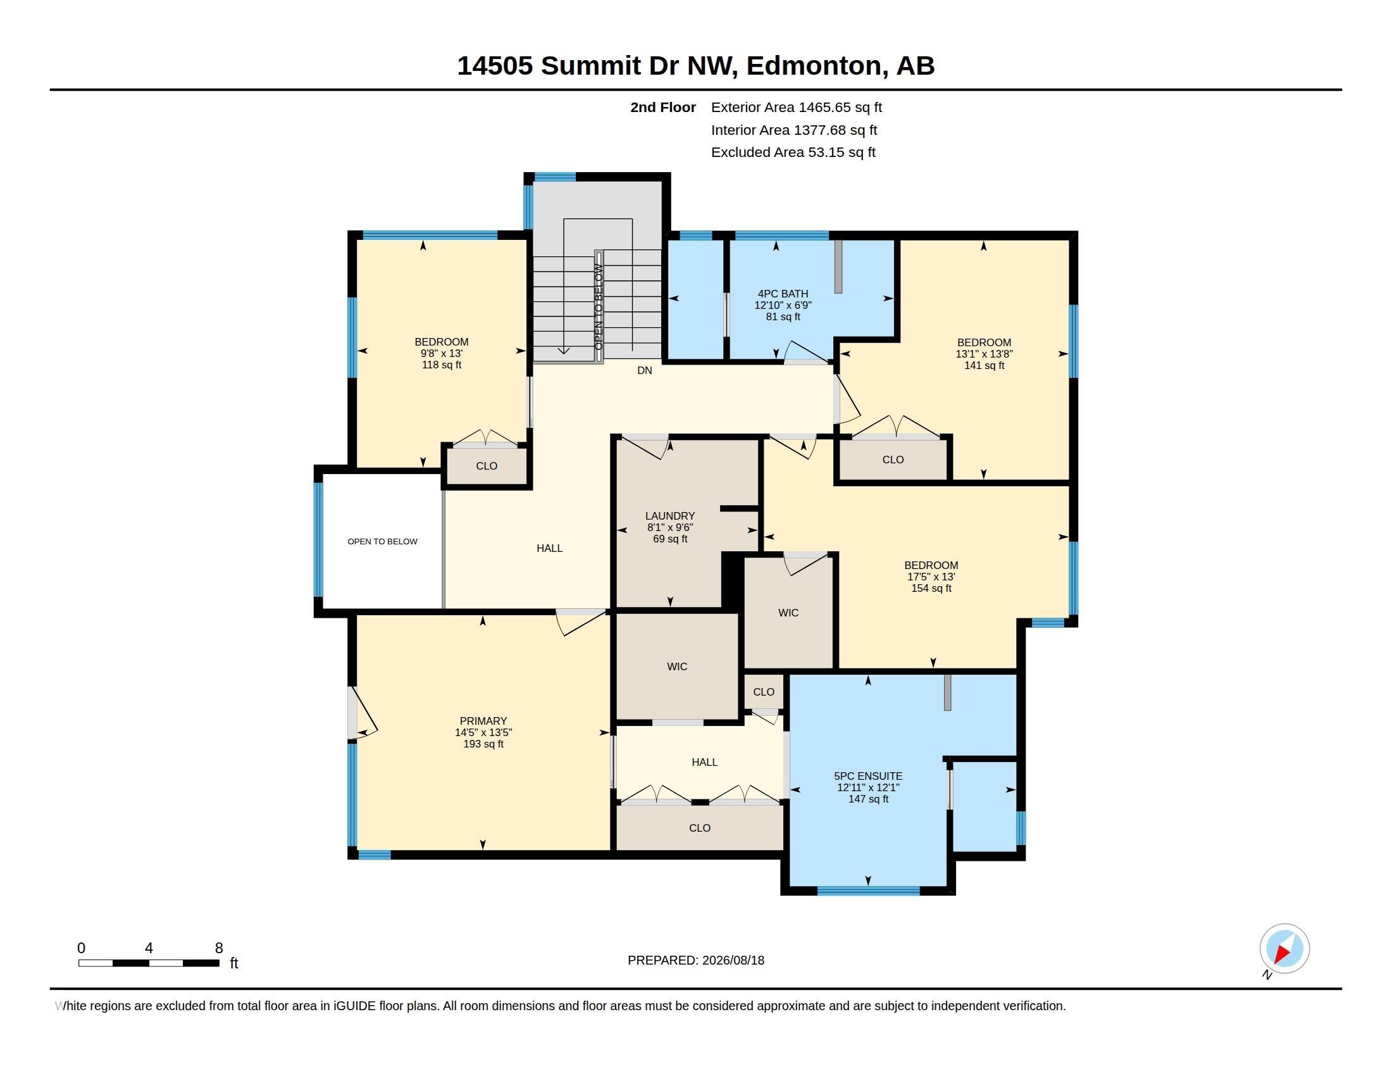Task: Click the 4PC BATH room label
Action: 783,294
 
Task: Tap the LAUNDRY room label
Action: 670,516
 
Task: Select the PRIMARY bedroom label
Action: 483,721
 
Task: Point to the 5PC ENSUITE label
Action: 868,776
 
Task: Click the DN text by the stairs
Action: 644,370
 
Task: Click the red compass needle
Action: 1283,953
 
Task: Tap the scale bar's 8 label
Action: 219,948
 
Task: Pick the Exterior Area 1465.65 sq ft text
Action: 796,107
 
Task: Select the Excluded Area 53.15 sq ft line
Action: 793,152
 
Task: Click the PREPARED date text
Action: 696,960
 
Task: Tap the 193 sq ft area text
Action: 483,744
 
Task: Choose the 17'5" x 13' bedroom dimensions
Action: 931,577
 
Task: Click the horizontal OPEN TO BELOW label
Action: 382,541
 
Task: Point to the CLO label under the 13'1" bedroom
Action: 893,460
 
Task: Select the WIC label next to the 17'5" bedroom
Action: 788,613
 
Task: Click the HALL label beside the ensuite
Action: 704,761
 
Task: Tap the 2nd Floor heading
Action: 663,107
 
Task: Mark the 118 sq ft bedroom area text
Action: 442,365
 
